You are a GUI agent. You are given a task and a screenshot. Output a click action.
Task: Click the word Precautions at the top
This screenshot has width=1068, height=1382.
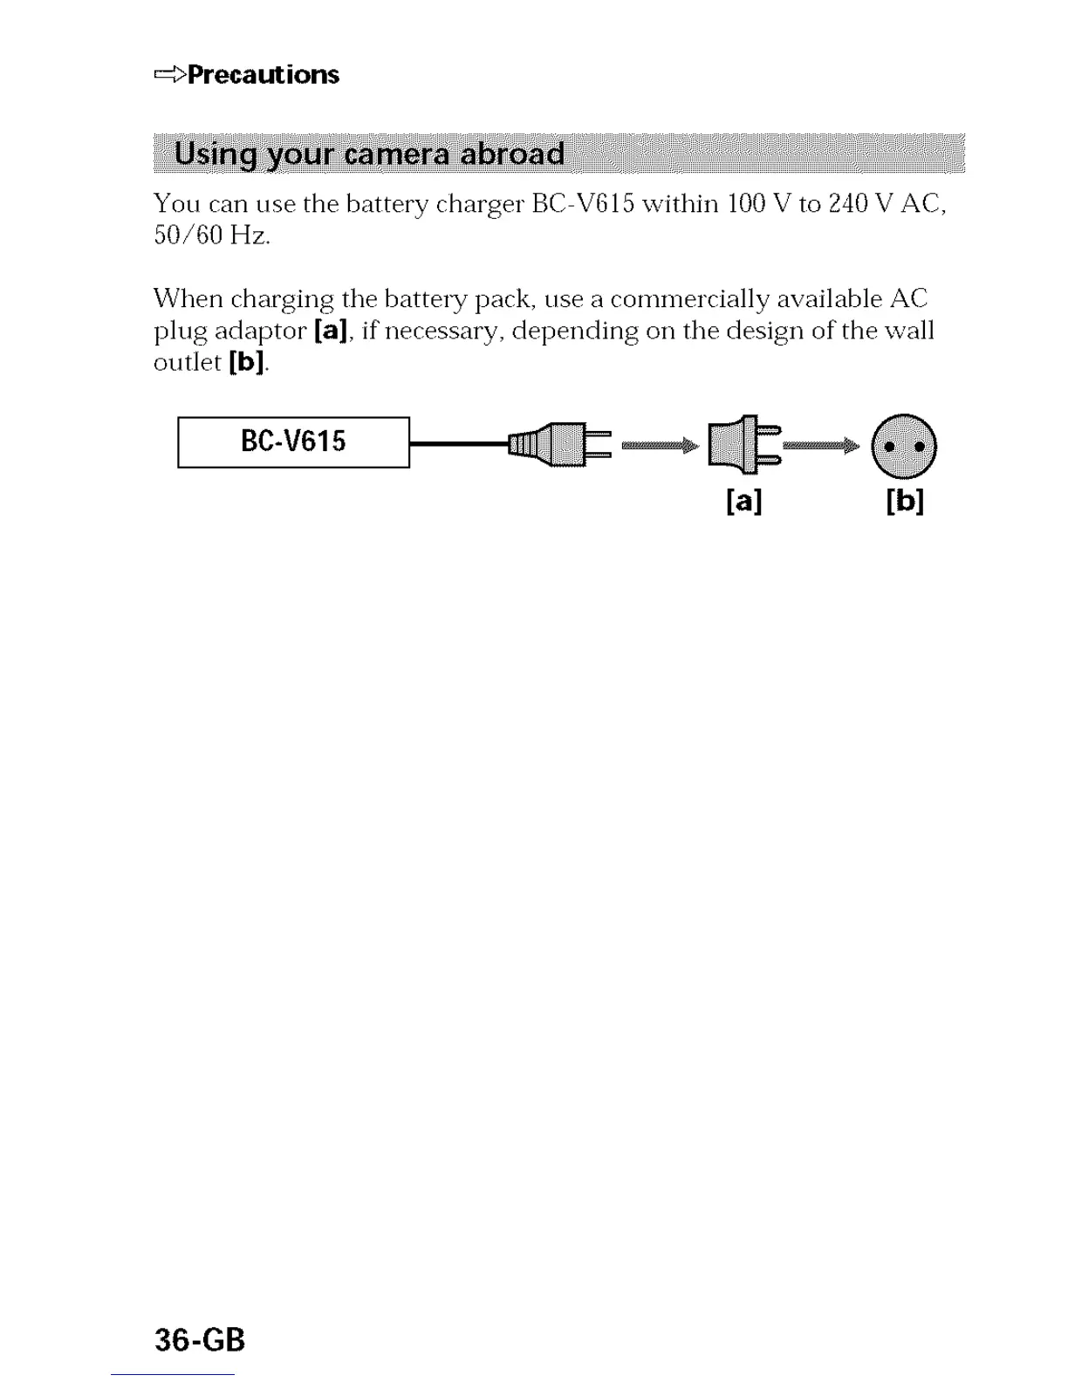coord(264,75)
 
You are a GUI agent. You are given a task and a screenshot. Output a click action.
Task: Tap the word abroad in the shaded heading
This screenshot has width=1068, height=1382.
coord(512,154)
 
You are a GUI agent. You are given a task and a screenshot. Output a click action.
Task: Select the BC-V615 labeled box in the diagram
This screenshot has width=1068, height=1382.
coord(293,442)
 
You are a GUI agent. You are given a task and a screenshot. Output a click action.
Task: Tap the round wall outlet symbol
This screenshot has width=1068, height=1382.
coord(904,446)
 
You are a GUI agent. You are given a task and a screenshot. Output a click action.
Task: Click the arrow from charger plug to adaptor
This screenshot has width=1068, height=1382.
coord(660,446)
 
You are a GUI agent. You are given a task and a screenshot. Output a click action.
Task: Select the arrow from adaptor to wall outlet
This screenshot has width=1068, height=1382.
coord(820,447)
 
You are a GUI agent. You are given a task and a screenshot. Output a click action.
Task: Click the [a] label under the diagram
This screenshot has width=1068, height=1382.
coord(743,501)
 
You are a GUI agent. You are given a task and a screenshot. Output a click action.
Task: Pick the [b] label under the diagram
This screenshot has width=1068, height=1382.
coord(905,501)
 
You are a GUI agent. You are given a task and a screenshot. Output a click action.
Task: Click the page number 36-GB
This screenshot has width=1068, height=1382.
coord(200,1339)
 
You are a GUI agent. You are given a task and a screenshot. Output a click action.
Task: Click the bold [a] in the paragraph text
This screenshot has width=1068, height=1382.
coord(331,331)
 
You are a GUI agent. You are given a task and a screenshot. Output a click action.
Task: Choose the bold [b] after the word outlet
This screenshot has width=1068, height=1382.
coord(246,362)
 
